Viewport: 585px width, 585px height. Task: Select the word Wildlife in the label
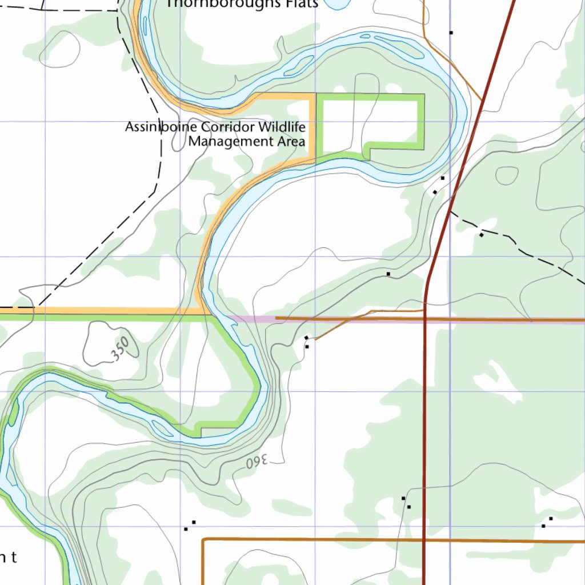point(281,126)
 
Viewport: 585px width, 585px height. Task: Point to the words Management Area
point(247,141)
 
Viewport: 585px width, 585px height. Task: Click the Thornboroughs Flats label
point(242,4)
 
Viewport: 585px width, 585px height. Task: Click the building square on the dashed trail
point(482,235)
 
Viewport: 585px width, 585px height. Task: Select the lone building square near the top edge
point(451,33)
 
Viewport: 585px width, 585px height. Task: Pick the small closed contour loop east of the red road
point(507,175)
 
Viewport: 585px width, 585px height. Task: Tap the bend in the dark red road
point(427,280)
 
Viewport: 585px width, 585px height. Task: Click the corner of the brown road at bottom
point(204,539)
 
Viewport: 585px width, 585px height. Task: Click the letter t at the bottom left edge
point(14,558)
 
